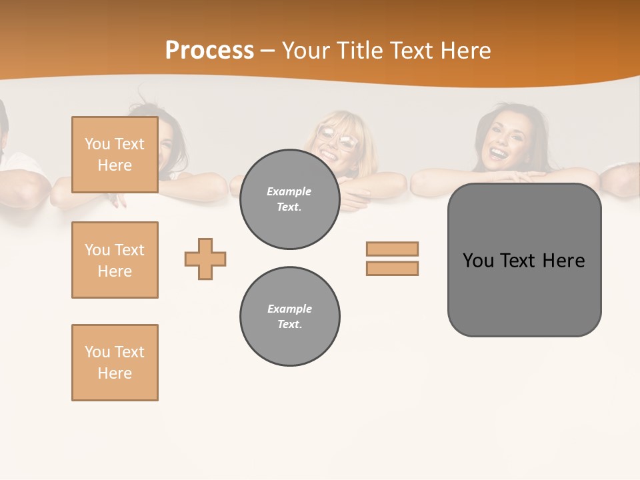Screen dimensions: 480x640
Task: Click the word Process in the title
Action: [209, 51]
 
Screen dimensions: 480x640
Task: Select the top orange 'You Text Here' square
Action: [115, 155]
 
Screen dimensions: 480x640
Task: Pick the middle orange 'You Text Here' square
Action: [115, 260]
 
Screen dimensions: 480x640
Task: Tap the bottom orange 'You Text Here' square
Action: [115, 363]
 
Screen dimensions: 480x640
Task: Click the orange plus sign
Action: [205, 259]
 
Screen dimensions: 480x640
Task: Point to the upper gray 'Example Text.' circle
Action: [289, 199]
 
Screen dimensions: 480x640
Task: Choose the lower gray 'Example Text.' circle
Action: [289, 317]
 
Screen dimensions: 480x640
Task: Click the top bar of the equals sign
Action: [392, 249]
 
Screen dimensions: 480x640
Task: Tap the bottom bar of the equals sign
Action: [392, 268]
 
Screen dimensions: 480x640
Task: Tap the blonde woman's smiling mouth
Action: [329, 154]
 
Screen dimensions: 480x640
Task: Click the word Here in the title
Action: [463, 51]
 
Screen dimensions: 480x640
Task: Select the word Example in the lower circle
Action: [289, 309]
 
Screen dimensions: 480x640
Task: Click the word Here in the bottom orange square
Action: [115, 373]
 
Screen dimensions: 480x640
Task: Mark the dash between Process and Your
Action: [267, 51]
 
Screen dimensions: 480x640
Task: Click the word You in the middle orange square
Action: [97, 250]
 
